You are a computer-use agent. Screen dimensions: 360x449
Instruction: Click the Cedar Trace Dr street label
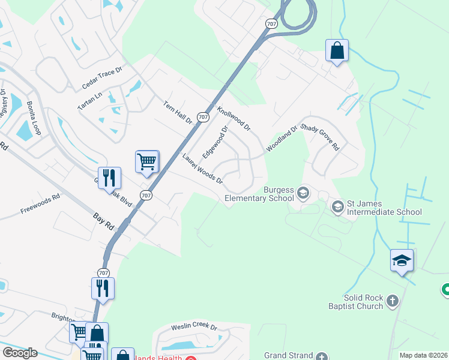(x=102, y=77)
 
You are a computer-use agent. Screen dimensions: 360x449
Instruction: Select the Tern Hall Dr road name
(x=177, y=112)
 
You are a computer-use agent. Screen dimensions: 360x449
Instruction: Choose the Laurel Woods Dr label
(x=203, y=169)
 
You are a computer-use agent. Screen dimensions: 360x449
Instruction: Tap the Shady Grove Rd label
(x=321, y=137)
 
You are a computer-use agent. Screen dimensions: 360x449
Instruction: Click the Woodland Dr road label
(x=282, y=139)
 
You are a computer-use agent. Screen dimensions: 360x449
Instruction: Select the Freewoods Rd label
(x=40, y=203)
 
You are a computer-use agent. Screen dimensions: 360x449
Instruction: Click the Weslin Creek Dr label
(x=193, y=327)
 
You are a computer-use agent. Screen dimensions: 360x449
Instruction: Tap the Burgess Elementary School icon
(x=303, y=193)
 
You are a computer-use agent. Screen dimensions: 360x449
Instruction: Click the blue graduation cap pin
(x=402, y=260)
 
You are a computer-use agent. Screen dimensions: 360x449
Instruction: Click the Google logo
(x=20, y=353)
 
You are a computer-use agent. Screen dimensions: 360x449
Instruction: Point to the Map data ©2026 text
(x=423, y=355)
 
